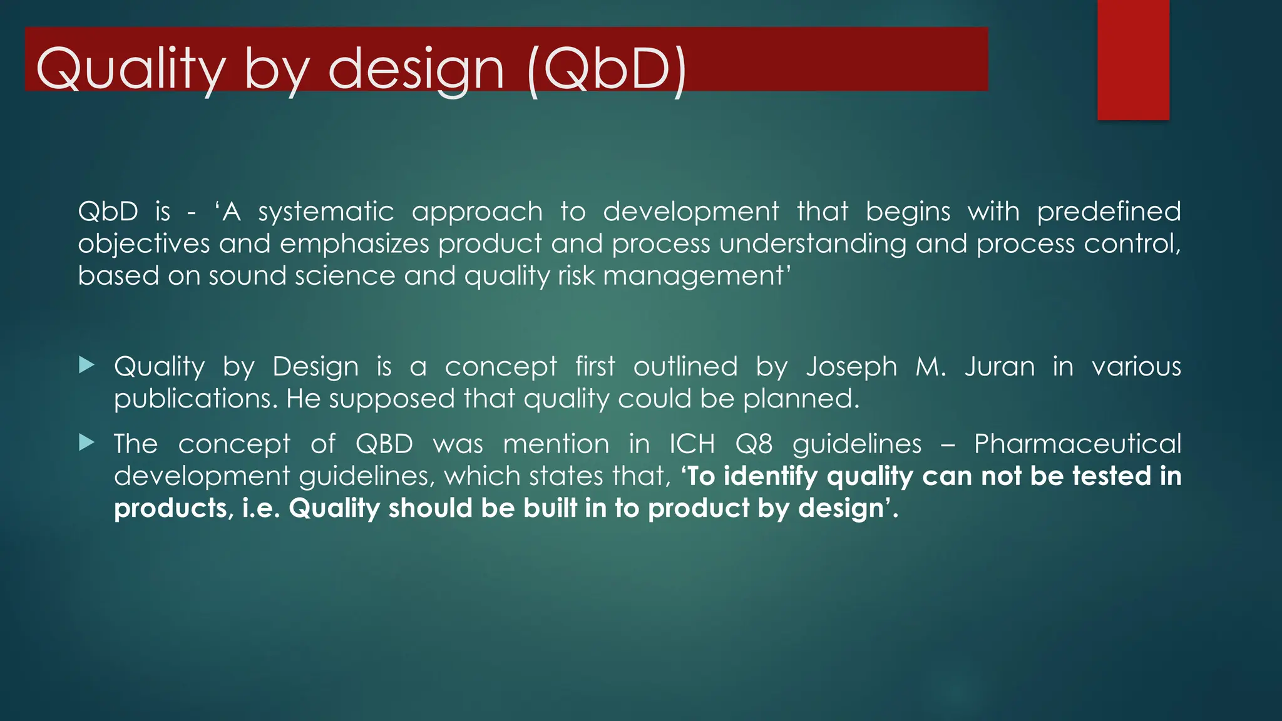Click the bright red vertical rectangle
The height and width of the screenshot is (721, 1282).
(1133, 59)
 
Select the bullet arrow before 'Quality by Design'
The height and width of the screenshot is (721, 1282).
(87, 365)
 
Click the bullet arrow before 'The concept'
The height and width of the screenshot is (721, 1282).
(87, 443)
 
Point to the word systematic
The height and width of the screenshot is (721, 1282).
(326, 212)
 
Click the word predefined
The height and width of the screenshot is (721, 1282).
(1109, 212)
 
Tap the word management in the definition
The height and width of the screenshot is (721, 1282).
(693, 276)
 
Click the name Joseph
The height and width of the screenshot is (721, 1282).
(851, 367)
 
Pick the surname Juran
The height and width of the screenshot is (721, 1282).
(999, 367)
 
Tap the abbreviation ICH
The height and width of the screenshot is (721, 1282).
(692, 444)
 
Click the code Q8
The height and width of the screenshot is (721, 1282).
(754, 444)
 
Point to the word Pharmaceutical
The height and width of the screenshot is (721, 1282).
(1077, 444)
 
